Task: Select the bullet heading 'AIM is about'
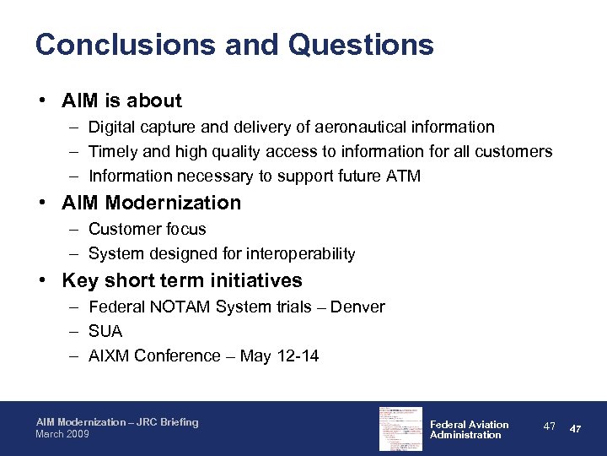(x=121, y=100)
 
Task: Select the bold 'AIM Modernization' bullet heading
(x=151, y=203)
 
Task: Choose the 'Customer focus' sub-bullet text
(x=147, y=229)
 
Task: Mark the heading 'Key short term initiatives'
(x=181, y=280)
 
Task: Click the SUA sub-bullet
(x=105, y=331)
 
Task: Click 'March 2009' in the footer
(x=62, y=434)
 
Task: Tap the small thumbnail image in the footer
(x=399, y=428)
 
